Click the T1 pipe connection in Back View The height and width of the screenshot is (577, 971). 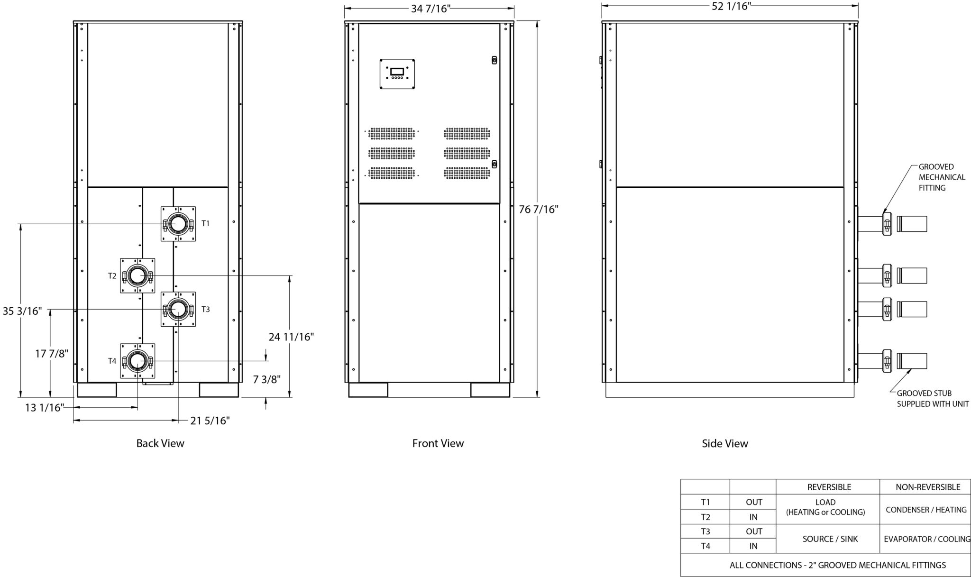tap(178, 224)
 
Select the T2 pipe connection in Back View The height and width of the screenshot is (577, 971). tap(137, 275)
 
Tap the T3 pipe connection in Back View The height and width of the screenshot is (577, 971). tap(178, 309)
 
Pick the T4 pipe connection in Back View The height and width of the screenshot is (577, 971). tap(137, 361)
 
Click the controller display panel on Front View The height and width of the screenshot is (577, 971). tap(397, 73)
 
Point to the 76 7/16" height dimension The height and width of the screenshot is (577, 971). tap(539, 209)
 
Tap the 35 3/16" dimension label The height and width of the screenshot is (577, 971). tap(22, 311)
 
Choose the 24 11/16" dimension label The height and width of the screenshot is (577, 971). tap(291, 337)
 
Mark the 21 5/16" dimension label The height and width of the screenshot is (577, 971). tap(210, 421)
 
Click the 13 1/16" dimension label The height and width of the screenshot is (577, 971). tap(45, 407)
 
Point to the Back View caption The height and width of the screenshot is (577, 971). tap(160, 443)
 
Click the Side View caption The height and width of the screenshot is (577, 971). tap(725, 443)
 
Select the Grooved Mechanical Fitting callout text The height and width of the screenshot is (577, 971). tap(942, 177)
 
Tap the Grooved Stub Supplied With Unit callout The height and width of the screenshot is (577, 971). tap(933, 398)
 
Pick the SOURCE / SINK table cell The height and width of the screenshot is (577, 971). tap(830, 539)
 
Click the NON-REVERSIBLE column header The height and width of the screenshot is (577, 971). tap(928, 487)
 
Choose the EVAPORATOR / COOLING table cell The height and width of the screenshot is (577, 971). tap(927, 539)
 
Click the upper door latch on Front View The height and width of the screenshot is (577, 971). tap(494, 60)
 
